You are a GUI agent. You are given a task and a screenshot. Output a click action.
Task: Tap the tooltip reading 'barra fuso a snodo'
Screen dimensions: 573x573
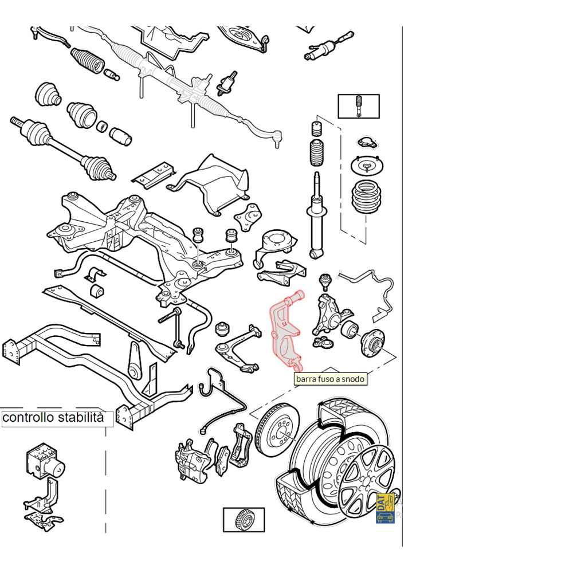tap(330, 379)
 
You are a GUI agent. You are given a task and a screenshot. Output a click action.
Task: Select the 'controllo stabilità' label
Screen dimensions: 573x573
tap(54, 418)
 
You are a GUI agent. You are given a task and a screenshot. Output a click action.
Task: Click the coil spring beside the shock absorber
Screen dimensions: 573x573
tap(366, 198)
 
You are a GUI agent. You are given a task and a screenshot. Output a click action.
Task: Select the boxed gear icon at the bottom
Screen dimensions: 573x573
tap(244, 519)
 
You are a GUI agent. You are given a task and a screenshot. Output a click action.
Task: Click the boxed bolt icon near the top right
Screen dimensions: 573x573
tap(359, 106)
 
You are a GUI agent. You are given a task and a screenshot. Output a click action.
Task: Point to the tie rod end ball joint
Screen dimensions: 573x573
tap(277, 138)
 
